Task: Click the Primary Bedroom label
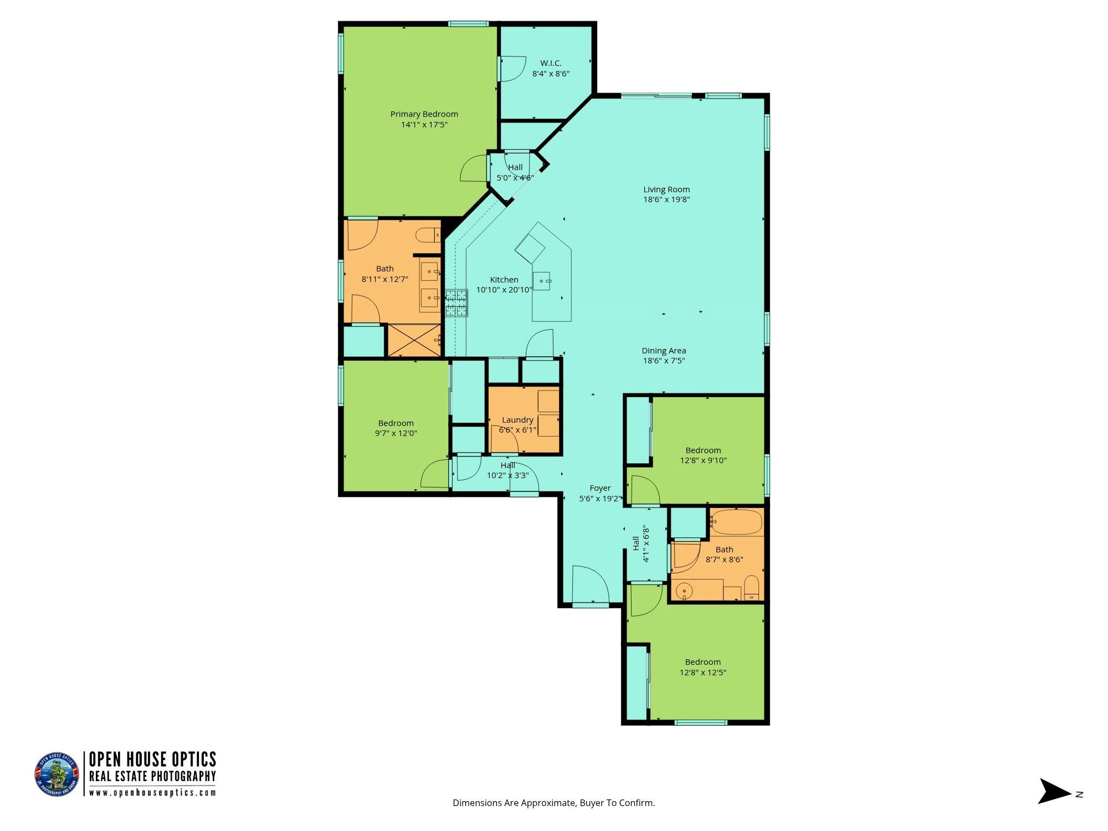point(424,114)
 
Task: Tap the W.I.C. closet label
point(551,63)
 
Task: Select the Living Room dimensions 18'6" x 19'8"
point(666,199)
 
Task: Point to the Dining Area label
point(664,350)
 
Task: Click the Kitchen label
point(504,280)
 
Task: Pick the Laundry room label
point(517,420)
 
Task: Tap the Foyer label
point(600,488)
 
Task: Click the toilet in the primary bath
point(428,235)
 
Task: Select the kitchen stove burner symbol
point(456,303)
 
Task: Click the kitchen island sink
point(542,281)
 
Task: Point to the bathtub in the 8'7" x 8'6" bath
point(737,522)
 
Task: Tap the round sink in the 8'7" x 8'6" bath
point(685,592)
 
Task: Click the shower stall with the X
point(414,340)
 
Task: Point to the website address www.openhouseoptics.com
point(152,793)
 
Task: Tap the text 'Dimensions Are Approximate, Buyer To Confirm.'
point(553,803)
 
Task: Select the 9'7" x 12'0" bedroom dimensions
point(396,433)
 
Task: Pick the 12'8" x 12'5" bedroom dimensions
point(702,673)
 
